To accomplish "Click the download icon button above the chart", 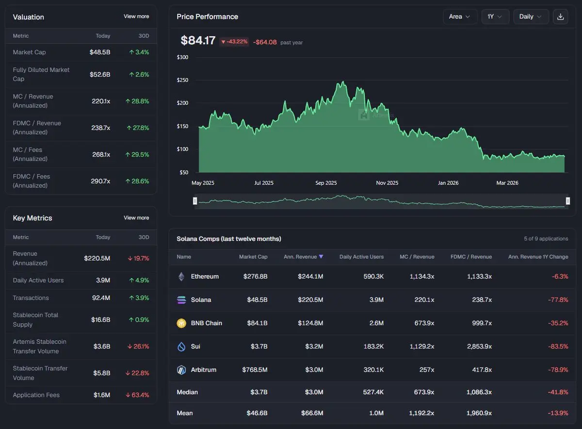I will [560, 16].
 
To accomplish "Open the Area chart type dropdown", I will [460, 16].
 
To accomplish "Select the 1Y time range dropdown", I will [495, 16].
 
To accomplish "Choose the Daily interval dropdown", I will [531, 16].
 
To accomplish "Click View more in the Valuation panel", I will [136, 16].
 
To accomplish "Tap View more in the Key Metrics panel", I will [136, 218].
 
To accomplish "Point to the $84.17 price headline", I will [198, 41].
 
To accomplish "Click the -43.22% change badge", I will [234, 42].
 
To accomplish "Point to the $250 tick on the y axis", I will [183, 80].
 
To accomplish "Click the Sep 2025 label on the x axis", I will [326, 183].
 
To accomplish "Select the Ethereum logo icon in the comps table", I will [181, 276].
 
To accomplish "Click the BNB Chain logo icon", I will [181, 323].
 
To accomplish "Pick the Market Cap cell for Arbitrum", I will [255, 369].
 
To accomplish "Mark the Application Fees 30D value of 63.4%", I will [140, 395].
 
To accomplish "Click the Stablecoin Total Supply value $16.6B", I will [100, 320].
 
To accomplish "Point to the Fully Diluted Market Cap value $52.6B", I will [100, 75].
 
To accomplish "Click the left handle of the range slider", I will [195, 201].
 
